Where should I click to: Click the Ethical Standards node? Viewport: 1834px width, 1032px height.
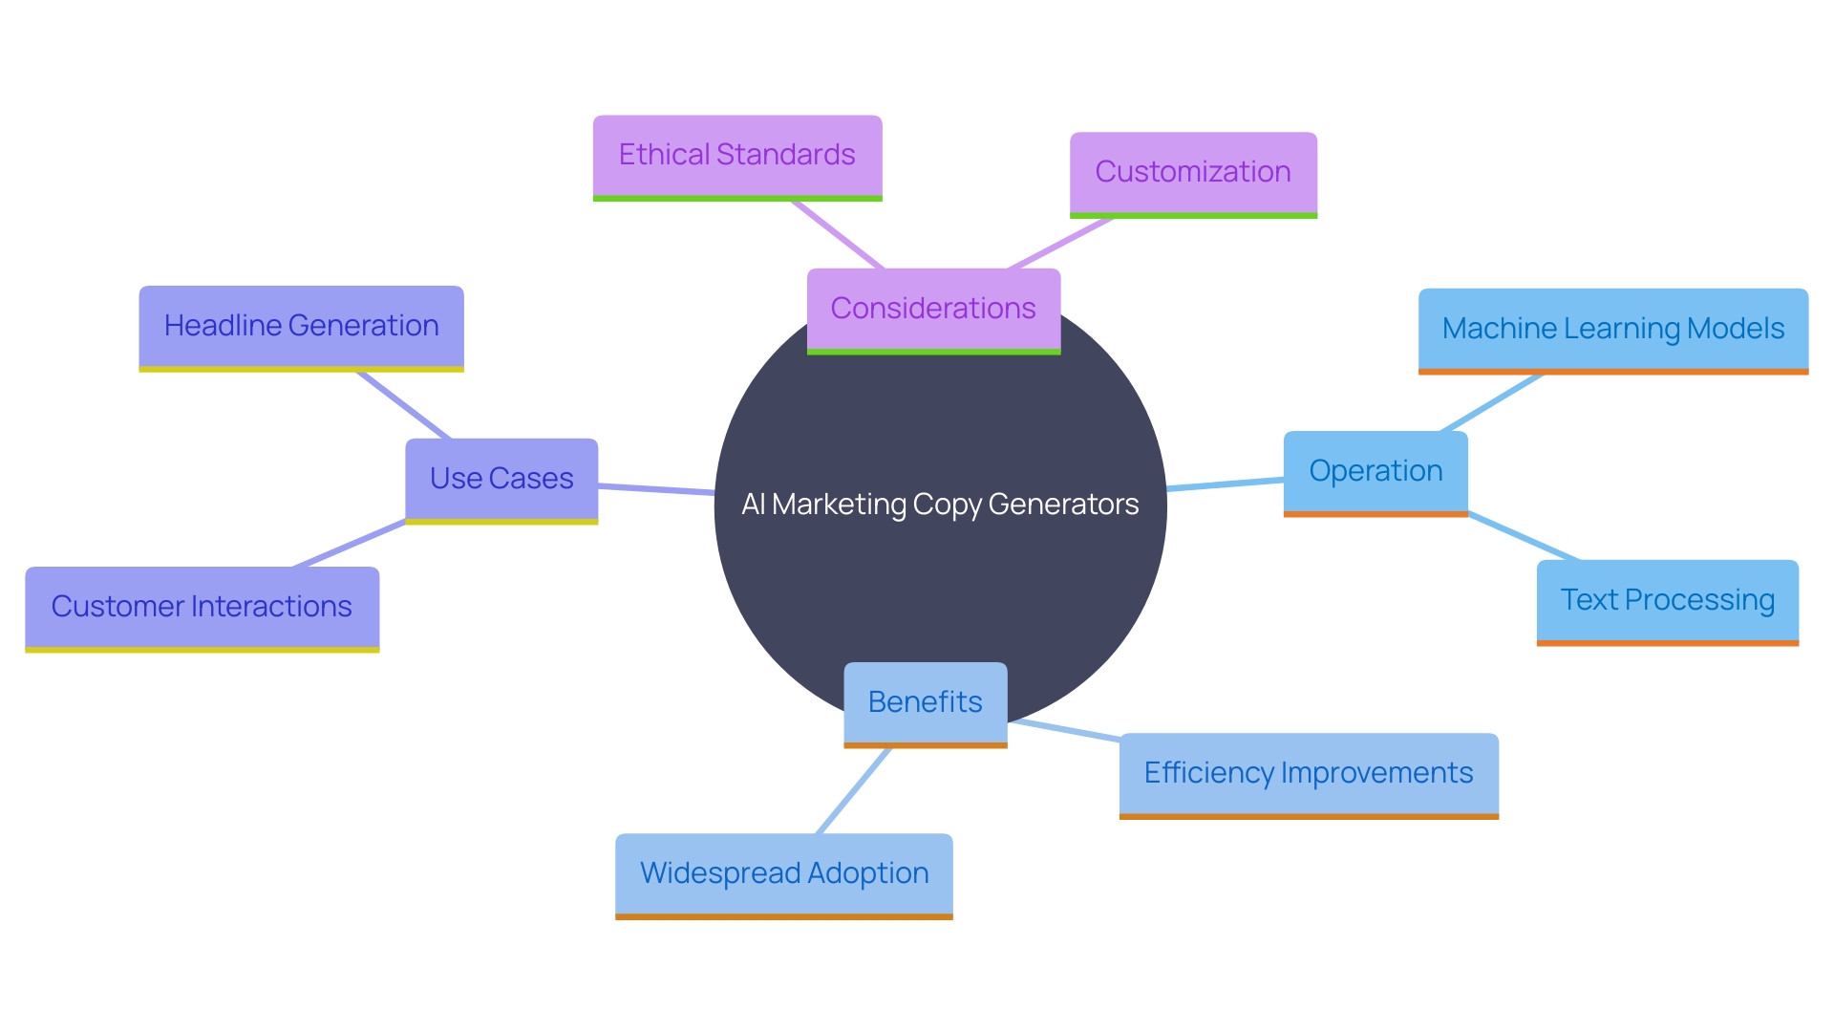point(736,156)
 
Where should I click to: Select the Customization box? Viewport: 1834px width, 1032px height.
point(1192,173)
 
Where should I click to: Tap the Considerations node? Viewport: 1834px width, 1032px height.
point(933,309)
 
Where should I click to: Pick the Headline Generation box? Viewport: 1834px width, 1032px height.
point(301,327)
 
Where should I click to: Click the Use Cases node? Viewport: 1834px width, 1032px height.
point(501,479)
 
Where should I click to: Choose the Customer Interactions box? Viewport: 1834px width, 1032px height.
point(202,607)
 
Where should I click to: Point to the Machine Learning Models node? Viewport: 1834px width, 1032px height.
point(1612,329)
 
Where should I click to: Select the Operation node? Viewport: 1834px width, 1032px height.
point(1375,471)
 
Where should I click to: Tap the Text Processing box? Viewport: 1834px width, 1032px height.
point(1667,600)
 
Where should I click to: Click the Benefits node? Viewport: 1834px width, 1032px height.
point(925,702)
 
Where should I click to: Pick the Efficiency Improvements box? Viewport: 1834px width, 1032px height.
point(1309,773)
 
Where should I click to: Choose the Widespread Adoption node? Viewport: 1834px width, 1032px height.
point(783,873)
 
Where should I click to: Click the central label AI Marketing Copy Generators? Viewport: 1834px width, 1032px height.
point(940,505)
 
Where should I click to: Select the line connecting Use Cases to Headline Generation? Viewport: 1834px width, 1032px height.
point(403,405)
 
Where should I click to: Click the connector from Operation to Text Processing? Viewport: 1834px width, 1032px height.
point(1523,537)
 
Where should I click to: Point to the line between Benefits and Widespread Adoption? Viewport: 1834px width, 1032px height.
point(854,790)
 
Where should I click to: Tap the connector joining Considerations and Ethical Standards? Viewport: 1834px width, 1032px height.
point(838,235)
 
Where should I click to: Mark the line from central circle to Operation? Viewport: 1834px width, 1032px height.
point(1225,484)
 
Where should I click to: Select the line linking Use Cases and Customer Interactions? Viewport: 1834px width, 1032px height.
point(350,544)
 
